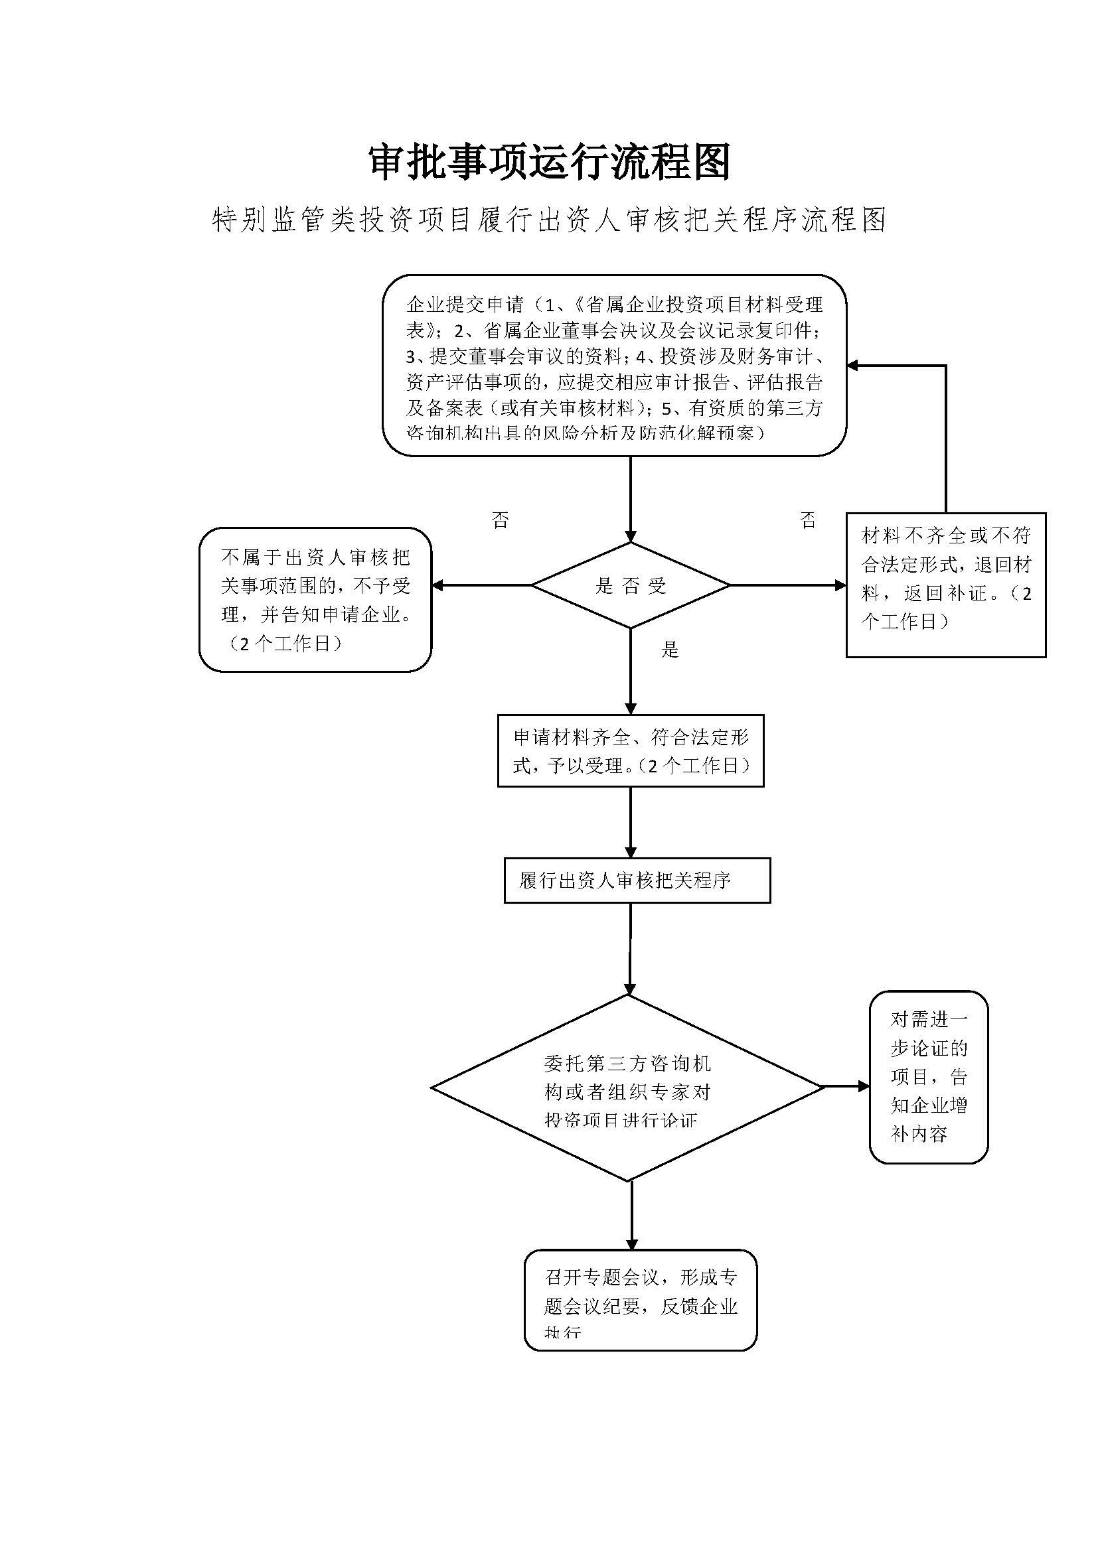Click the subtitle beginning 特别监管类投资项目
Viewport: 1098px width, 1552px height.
tap(549, 220)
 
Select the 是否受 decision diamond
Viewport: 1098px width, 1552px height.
tap(630, 585)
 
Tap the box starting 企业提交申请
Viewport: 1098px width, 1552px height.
tap(614, 366)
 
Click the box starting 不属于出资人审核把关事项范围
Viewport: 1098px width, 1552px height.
tap(315, 600)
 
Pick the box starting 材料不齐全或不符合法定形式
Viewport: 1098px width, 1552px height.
tap(945, 585)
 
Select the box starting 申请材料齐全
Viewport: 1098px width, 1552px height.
tap(630, 750)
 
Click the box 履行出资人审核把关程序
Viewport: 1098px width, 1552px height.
tap(637, 880)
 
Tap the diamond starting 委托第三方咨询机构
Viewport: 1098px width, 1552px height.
tap(627, 1088)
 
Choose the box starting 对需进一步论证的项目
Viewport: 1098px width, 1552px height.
tap(928, 1077)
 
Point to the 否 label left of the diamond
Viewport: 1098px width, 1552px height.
tap(501, 520)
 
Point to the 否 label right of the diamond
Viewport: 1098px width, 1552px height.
tap(808, 520)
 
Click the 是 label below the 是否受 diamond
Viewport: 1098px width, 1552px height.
tap(669, 650)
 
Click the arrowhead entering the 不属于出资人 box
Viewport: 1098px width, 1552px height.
tap(437, 585)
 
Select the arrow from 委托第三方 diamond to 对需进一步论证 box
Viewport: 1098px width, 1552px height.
tap(845, 1087)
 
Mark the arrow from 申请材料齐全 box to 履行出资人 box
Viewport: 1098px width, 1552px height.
tap(631, 822)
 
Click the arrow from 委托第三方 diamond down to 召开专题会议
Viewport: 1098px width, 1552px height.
tap(631, 1216)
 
